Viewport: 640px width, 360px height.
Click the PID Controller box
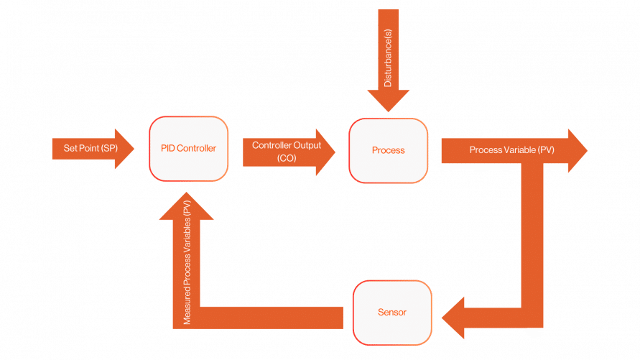pos(189,149)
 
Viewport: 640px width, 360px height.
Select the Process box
pos(388,150)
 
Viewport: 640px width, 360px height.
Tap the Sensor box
pos(391,313)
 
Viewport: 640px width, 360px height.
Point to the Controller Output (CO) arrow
pos(287,151)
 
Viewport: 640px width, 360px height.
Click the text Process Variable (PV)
pos(511,149)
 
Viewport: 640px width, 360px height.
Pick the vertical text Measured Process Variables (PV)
pos(187,262)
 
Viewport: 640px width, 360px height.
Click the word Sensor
pos(391,313)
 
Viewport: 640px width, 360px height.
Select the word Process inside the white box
pos(388,150)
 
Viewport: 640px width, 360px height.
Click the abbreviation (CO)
pos(287,157)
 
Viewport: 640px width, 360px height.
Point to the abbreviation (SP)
pos(108,149)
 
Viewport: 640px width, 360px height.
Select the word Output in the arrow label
pos(308,144)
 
